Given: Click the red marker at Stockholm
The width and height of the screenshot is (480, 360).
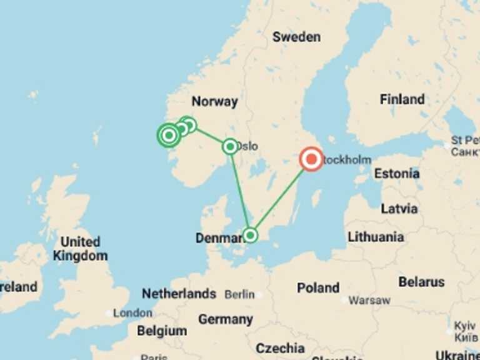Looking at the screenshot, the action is pyautogui.click(x=311, y=159).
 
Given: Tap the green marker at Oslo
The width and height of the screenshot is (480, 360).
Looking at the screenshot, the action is pyautogui.click(x=231, y=146).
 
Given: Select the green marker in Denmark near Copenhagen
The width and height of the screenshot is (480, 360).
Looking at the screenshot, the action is pyautogui.click(x=250, y=235).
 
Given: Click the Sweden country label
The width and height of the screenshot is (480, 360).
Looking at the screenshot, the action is pyautogui.click(x=296, y=37).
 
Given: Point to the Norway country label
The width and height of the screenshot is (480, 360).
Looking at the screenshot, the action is pyautogui.click(x=214, y=101).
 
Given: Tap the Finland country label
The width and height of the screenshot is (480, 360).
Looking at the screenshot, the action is pyautogui.click(x=402, y=99).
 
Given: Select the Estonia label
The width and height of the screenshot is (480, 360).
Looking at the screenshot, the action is pyautogui.click(x=396, y=174).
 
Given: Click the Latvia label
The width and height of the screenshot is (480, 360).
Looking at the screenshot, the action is pyautogui.click(x=399, y=209).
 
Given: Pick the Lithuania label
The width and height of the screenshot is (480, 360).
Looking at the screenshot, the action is pyautogui.click(x=376, y=237).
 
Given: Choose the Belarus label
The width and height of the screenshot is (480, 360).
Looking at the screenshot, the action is pyautogui.click(x=421, y=282).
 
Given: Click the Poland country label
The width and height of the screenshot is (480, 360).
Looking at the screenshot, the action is pyautogui.click(x=318, y=288).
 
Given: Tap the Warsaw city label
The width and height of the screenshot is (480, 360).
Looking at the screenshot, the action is pyautogui.click(x=369, y=301).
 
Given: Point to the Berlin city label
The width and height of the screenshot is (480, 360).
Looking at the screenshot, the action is pyautogui.click(x=239, y=294).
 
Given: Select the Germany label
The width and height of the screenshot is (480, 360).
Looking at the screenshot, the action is pyautogui.click(x=225, y=319).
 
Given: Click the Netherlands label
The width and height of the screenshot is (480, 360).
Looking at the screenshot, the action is pyautogui.click(x=179, y=294).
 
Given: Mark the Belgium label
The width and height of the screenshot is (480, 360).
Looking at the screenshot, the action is pyautogui.click(x=161, y=331).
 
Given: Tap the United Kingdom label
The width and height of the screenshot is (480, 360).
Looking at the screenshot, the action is pyautogui.click(x=80, y=249).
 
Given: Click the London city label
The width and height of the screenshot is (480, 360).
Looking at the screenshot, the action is pyautogui.click(x=132, y=312).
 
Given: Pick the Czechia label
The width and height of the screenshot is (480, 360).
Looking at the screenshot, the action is pyautogui.click(x=280, y=348).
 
